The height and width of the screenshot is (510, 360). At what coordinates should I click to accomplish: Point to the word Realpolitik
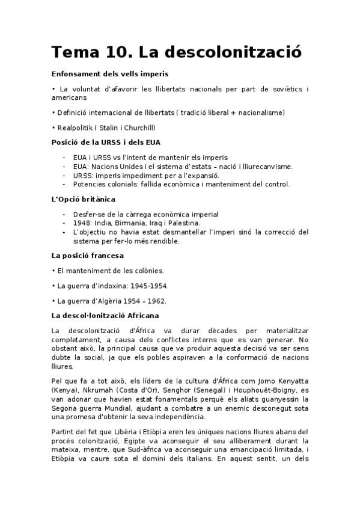pyautogui.click(x=75, y=127)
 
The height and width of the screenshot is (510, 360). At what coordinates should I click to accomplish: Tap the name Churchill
pyautogui.click(x=139, y=127)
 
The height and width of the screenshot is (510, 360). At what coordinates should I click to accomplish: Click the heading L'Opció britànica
pyautogui.click(x=84, y=198)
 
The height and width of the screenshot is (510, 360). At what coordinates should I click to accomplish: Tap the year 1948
pyautogui.click(x=82, y=223)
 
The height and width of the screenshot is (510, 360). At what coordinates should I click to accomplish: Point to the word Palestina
pyautogui.click(x=183, y=223)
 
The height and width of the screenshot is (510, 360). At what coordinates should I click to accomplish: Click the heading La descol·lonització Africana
pyautogui.click(x=105, y=316)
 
